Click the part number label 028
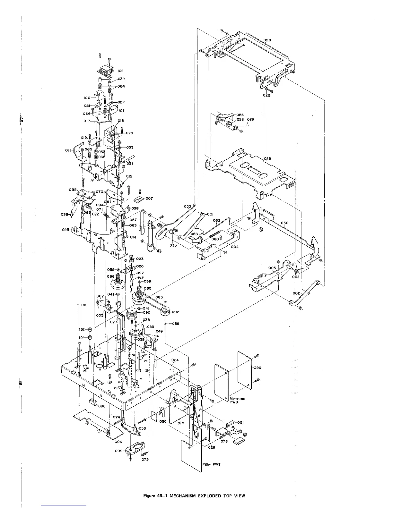(x=267, y=40)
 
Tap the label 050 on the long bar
(x=284, y=223)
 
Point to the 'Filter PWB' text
(x=211, y=464)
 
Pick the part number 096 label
(x=257, y=368)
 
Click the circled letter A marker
(x=261, y=229)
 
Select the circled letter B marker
(x=159, y=251)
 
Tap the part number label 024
(x=175, y=360)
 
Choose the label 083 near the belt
(x=159, y=297)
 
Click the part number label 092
(x=175, y=312)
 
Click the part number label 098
(x=102, y=406)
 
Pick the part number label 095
(x=73, y=190)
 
